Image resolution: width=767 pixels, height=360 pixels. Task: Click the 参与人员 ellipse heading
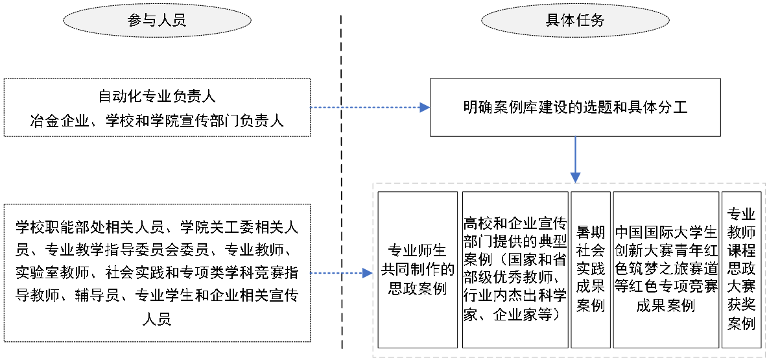point(157,20)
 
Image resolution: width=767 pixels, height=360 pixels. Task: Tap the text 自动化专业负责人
point(157,97)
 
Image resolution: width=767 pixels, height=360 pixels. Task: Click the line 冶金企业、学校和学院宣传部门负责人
point(157,120)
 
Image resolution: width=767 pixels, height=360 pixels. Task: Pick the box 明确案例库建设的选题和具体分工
point(575,108)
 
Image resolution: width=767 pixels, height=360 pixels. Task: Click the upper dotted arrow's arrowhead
point(425,108)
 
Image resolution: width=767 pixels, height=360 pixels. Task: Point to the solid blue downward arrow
point(575,160)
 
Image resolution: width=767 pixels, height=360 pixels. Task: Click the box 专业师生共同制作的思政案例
point(417,270)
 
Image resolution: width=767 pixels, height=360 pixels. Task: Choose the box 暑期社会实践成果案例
point(591,270)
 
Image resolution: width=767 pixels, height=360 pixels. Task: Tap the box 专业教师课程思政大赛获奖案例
point(741,270)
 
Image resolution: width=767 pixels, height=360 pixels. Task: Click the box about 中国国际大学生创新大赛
point(665,270)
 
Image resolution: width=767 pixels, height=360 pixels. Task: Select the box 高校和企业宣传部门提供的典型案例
point(515,270)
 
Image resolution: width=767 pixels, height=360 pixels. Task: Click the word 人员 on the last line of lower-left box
point(157,319)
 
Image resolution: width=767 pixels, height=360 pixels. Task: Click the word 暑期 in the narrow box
point(591,233)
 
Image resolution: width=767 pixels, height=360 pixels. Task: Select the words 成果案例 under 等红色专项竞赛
point(665,305)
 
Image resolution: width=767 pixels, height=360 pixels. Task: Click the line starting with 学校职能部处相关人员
point(157,228)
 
